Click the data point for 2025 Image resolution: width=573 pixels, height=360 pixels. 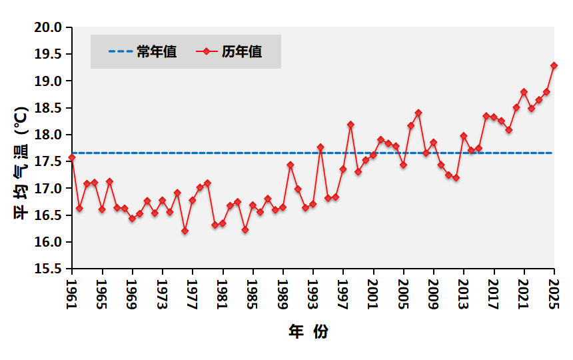pos(554,65)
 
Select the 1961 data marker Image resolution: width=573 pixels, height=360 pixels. pos(72,157)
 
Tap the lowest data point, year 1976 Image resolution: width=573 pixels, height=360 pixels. pos(185,231)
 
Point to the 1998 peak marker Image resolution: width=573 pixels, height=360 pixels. pos(350,125)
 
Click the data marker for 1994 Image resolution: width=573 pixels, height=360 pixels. pos(320,147)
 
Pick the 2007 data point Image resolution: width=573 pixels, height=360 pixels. pos(418,113)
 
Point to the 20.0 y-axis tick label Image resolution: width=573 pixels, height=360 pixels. pos(49,27)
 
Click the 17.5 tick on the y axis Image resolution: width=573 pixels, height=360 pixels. pos(49,162)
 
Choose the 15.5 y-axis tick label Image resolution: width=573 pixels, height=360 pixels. pos(49,269)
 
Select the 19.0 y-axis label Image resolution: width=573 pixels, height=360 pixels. pos(49,81)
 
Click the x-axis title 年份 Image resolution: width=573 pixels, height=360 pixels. pos(308,331)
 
